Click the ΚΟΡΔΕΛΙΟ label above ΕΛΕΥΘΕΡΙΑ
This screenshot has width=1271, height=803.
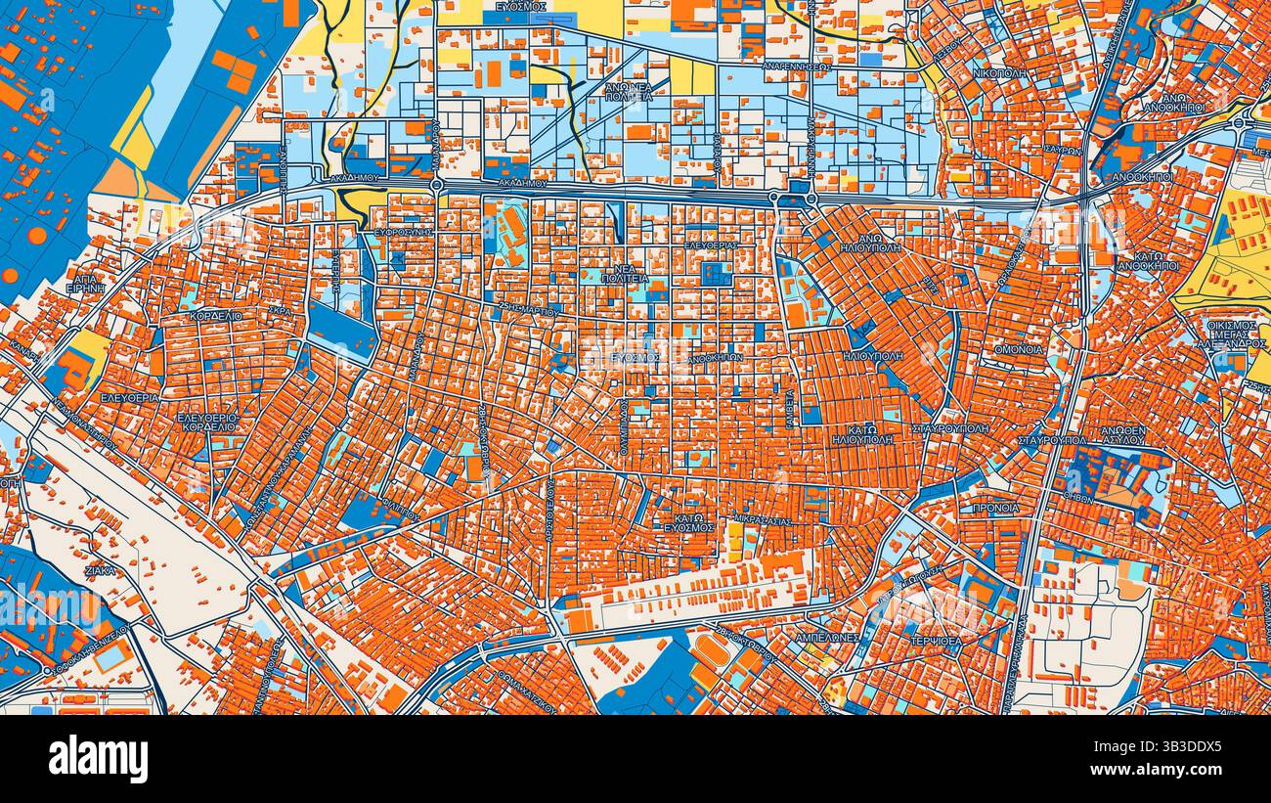216,318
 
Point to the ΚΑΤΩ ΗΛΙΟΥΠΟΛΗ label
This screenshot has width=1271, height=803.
862,434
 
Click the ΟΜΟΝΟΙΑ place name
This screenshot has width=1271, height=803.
1018,349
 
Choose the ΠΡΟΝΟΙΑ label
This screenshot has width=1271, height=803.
995,508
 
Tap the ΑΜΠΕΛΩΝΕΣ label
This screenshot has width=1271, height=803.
826,637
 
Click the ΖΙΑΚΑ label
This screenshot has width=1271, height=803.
100,570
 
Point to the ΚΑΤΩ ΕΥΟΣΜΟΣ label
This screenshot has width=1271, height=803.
687,521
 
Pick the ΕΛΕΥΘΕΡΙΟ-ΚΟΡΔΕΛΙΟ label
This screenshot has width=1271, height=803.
206,422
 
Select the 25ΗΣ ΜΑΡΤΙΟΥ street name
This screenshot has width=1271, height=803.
529,311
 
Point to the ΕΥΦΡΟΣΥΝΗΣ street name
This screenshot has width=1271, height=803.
404,233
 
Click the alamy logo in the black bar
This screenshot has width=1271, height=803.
98,758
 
